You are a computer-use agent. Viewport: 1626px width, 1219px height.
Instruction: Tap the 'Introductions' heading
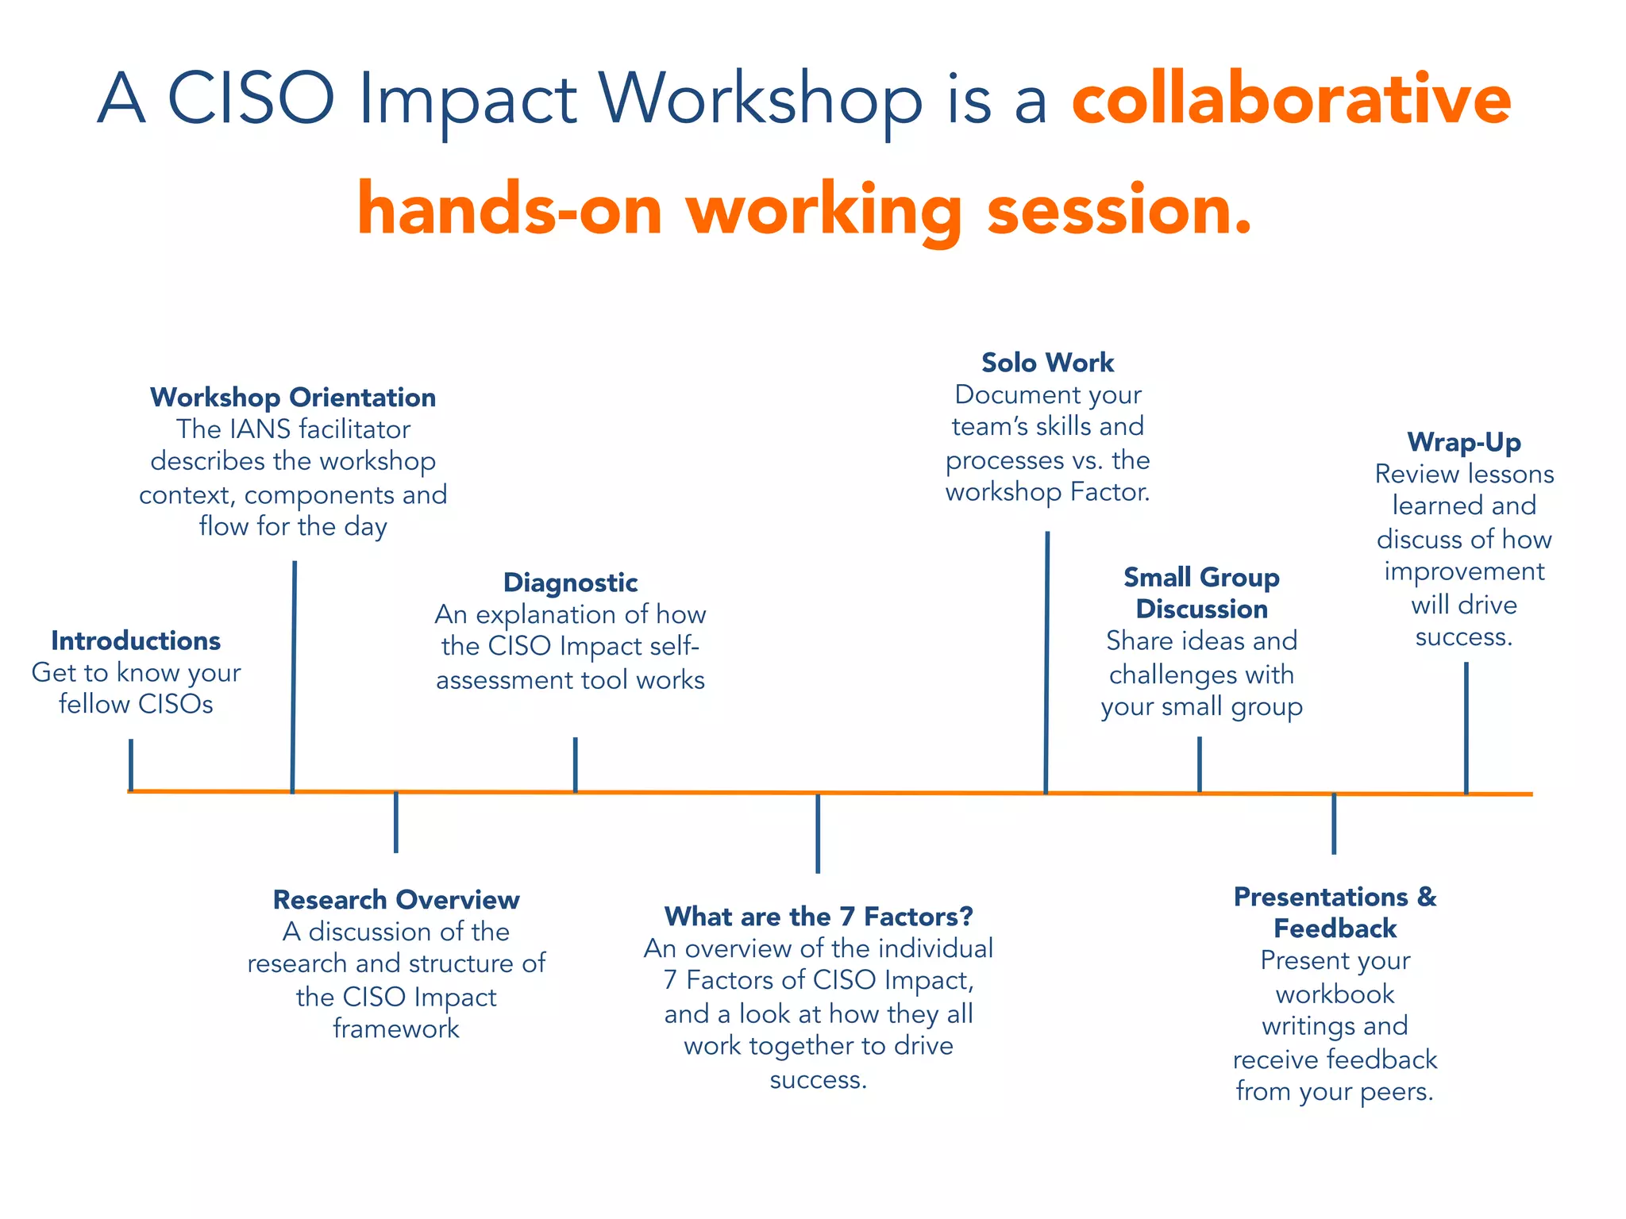pos(136,640)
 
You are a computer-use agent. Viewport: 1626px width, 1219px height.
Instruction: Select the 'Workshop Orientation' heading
pos(293,397)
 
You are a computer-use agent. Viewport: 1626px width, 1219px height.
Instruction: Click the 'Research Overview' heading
pos(396,899)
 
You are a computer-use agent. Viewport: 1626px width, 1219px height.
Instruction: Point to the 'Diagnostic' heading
pos(570,583)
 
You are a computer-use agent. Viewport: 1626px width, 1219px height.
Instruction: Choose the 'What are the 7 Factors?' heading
pos(819,917)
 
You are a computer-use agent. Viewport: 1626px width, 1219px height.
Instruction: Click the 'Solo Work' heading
pos(1047,363)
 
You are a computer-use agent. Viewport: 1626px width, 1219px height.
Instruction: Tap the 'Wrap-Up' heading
pos(1464,442)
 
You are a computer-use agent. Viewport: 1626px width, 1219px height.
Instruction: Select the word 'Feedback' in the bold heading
pos(1335,929)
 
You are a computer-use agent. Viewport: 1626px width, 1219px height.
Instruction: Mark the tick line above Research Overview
pos(396,822)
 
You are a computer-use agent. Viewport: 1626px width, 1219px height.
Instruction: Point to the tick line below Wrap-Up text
pos(1466,726)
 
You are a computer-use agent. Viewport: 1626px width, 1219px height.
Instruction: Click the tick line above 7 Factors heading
pos(818,833)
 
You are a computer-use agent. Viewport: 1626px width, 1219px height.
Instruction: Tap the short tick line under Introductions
pos(131,764)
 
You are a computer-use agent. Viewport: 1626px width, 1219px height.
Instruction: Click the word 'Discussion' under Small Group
pos(1201,609)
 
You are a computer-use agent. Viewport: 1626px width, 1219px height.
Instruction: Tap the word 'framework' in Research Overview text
pos(396,1029)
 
